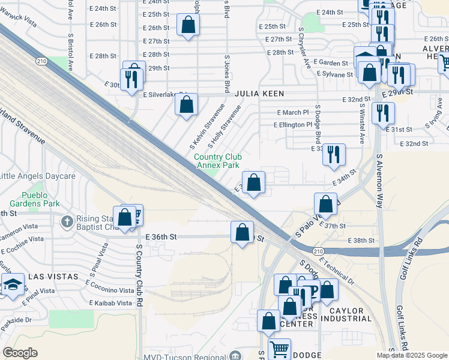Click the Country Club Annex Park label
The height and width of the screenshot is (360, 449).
pyautogui.click(x=216, y=161)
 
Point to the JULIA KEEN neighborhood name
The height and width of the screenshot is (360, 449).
pyautogui.click(x=259, y=94)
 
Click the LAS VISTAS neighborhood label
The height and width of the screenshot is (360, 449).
pyautogui.click(x=53, y=277)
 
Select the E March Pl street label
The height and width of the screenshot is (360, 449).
pyautogui.click(x=292, y=112)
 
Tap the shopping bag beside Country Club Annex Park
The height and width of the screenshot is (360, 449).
pyautogui.click(x=253, y=181)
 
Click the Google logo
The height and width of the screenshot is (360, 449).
pyautogui.click(x=20, y=353)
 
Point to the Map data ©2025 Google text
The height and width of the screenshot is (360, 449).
pyautogui.click(x=411, y=355)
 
